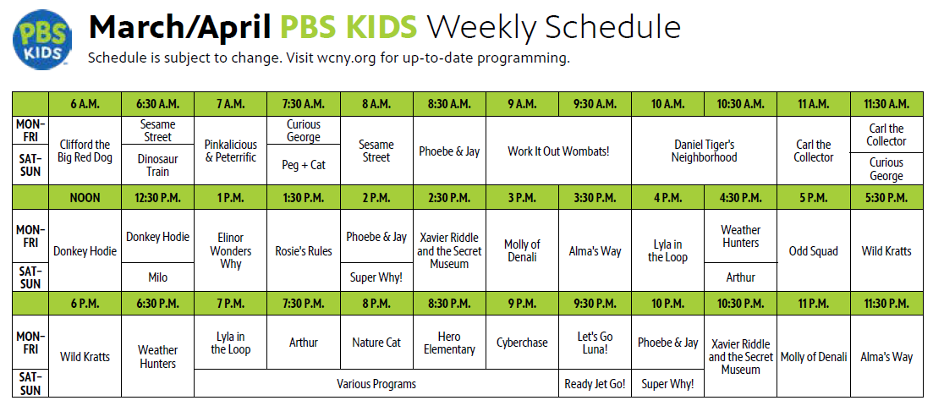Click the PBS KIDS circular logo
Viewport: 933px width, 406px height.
pos(42,39)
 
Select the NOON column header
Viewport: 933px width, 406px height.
pos(85,198)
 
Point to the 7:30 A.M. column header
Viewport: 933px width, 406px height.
pos(304,104)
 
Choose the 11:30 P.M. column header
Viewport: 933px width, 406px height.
pos(886,303)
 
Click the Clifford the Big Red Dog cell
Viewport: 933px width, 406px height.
pos(85,151)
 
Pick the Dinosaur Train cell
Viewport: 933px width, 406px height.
pos(157,165)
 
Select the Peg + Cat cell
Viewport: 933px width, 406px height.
pos(304,165)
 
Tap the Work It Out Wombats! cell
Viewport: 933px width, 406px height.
pos(559,151)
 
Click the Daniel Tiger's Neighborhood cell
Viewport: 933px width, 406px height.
pos(705,151)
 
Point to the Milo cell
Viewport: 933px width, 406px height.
pos(157,277)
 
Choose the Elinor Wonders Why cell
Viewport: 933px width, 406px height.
pos(231,250)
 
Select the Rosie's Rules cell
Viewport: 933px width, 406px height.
pos(304,250)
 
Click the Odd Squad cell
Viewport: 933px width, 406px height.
pos(814,250)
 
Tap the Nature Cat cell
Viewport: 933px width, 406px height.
pos(376,343)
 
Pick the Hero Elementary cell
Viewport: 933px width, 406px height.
pos(449,343)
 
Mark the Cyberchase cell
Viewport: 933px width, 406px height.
pos(523,343)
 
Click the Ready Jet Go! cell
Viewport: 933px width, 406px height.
pos(595,383)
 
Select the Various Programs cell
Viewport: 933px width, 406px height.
pos(376,383)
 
